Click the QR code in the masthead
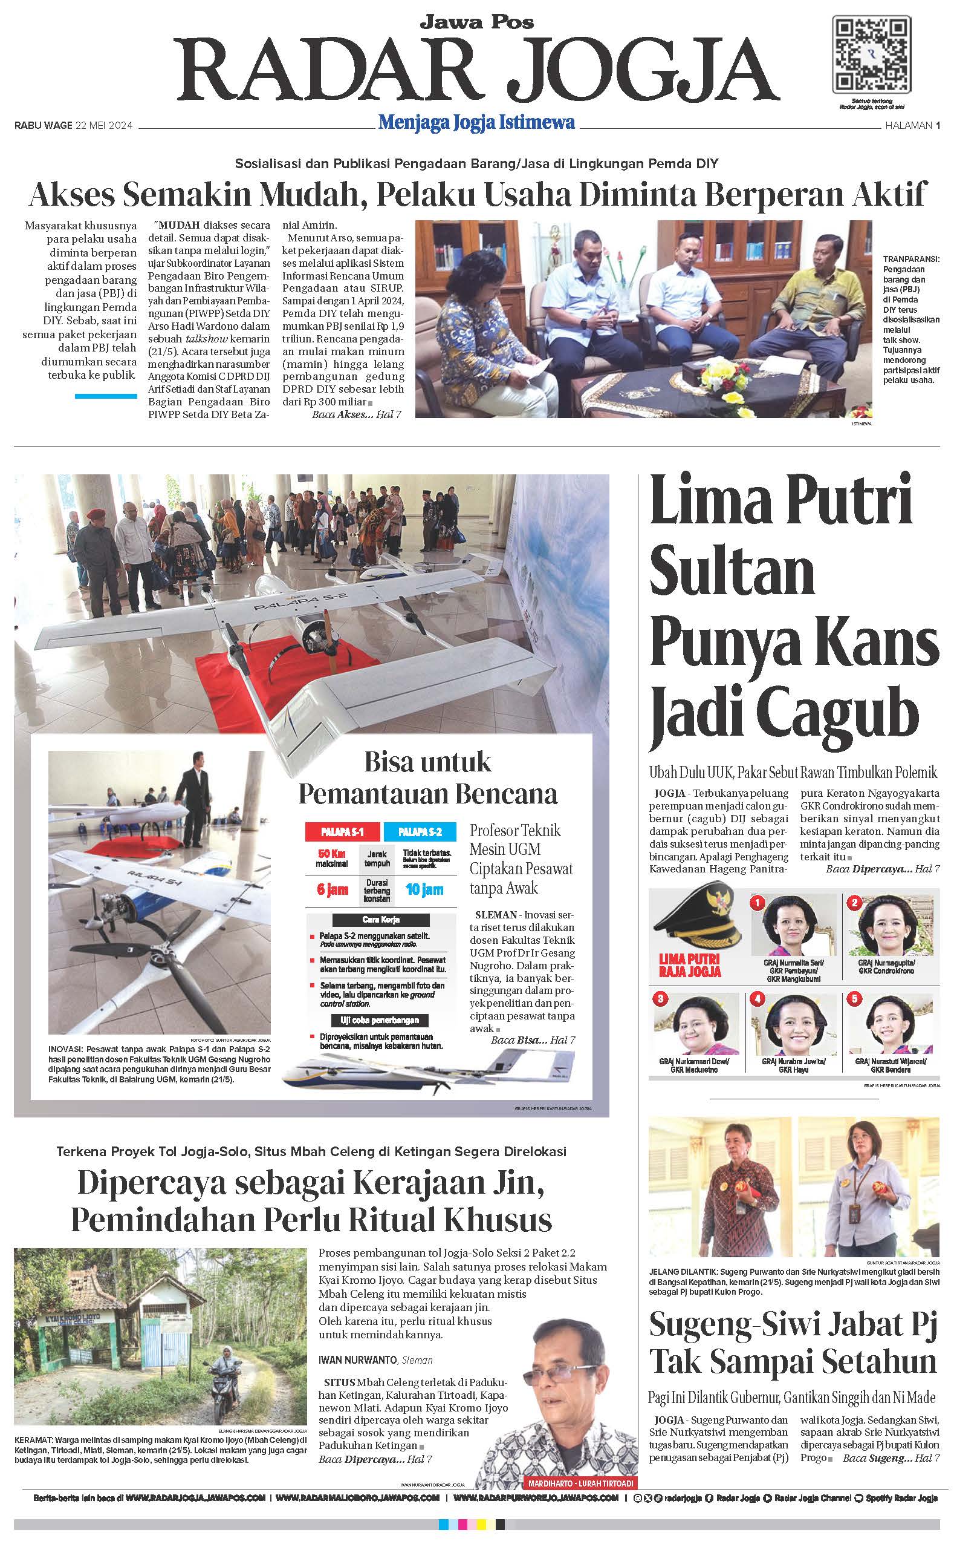tap(871, 55)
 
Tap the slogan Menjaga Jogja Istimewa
tap(476, 122)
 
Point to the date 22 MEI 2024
tap(104, 126)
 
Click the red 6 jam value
tap(333, 889)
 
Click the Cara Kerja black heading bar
tap(380, 919)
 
